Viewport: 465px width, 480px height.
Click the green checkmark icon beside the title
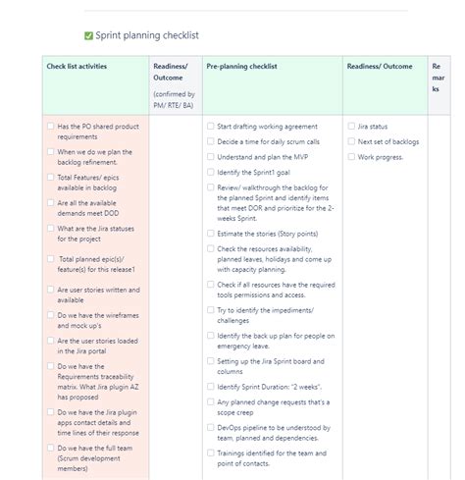[88, 34]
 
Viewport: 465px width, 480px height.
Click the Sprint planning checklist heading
[147, 34]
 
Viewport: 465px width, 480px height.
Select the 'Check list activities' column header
[77, 67]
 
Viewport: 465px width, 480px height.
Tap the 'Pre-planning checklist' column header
[241, 67]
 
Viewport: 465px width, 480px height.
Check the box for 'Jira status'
[351, 127]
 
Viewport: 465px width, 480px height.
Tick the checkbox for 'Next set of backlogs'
[351, 141]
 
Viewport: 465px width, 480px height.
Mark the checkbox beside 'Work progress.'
[351, 157]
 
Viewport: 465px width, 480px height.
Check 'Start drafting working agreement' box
[210, 127]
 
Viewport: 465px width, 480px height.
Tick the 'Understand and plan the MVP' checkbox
[210, 157]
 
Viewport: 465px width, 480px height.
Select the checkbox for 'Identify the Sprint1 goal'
[210, 172]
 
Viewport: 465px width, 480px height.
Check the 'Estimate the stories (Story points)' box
[210, 235]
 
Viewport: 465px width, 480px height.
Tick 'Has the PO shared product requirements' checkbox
[50, 127]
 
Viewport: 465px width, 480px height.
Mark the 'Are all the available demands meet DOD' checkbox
[50, 203]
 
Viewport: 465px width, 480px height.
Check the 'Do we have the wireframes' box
[50, 315]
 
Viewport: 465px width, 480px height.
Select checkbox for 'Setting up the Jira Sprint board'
[210, 361]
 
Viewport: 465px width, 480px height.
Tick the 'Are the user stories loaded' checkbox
[50, 341]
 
